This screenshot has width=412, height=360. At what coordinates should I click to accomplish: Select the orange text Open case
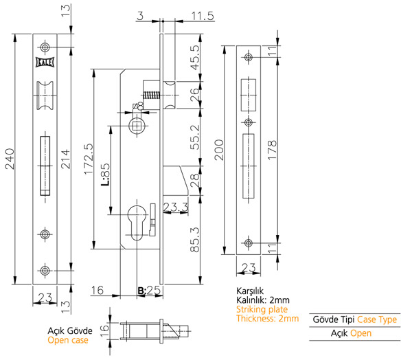pyautogui.click(x=69, y=340)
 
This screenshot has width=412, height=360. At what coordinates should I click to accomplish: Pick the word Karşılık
pyautogui.click(x=251, y=291)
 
